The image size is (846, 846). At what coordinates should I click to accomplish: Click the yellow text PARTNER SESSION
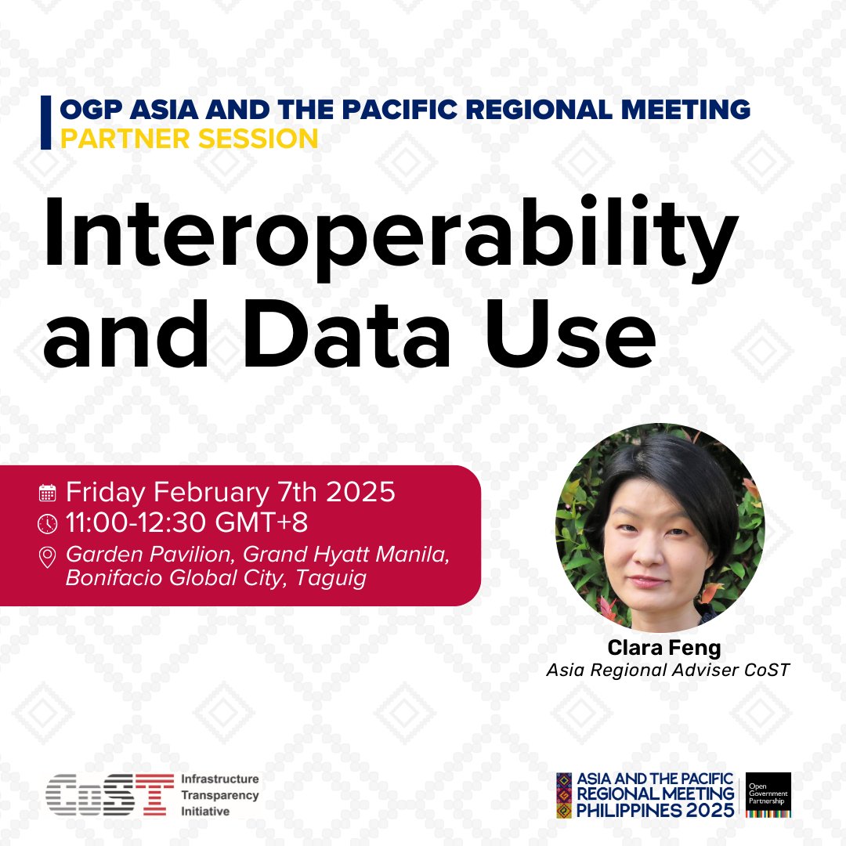[x=190, y=139]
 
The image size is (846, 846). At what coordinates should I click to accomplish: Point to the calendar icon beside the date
[x=48, y=493]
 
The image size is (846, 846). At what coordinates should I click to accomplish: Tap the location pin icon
[x=48, y=557]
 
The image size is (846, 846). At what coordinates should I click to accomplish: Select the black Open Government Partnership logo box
[x=768, y=794]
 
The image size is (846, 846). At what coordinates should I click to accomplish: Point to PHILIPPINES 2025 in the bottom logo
[x=656, y=810]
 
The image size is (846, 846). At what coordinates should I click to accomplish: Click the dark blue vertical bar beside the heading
[x=45, y=122]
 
